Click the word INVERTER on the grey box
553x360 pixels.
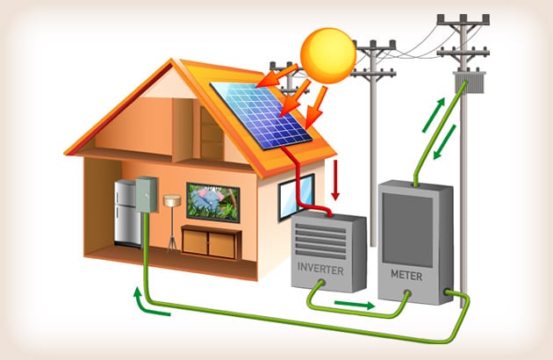(320, 269)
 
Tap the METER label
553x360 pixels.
(406, 276)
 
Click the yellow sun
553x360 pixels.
(328, 56)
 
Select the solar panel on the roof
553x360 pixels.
(261, 115)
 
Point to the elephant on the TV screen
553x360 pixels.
(208, 200)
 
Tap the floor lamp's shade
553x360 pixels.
(172, 201)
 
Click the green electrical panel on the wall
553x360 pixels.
(146, 194)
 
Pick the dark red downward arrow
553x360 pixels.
(335, 180)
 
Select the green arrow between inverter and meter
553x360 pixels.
(355, 305)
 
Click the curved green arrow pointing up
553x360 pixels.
(151, 303)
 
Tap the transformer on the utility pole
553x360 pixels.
(470, 82)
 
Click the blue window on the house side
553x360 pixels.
(297, 198)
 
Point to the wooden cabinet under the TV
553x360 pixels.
(211, 242)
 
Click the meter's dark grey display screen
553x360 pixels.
(407, 230)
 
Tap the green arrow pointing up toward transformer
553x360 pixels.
(434, 115)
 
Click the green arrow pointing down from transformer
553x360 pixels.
(445, 142)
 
